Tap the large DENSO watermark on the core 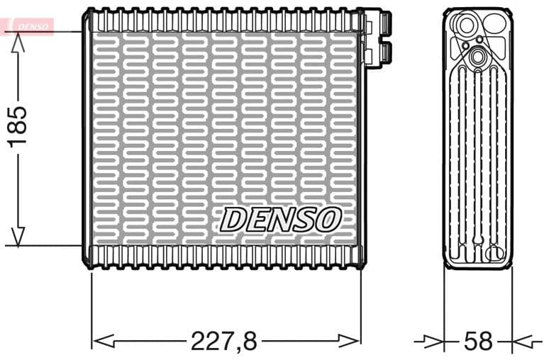tap(280, 220)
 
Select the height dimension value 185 tap(17, 128)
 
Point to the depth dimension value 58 tap(477, 341)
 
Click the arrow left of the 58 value tap(433, 341)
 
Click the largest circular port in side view tap(467, 27)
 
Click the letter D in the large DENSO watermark tap(233, 220)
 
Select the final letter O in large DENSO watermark tap(328, 220)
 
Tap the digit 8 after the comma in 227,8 tap(248, 341)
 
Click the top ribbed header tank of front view tap(223, 20)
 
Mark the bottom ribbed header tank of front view tap(223, 256)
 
